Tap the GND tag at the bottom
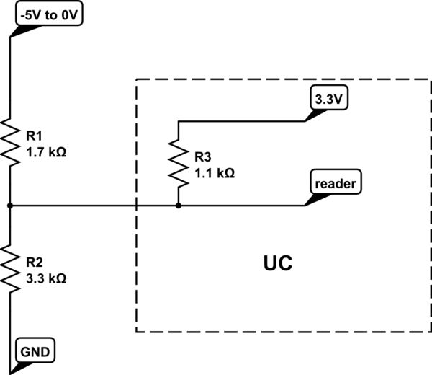tap(35, 353)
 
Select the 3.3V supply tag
tap(328, 100)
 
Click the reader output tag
tap(336, 184)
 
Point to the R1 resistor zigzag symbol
tap(11, 142)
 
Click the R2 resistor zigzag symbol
tap(11, 268)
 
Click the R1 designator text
tap(34, 135)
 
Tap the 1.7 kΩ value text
tap(46, 152)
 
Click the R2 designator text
tap(34, 260)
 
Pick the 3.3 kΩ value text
tap(46, 278)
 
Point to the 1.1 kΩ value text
tap(215, 173)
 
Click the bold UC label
tap(276, 262)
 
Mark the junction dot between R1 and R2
tap(11, 206)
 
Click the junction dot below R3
tap(179, 206)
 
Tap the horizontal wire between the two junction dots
tap(94, 206)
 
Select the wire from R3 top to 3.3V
tap(238, 120)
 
